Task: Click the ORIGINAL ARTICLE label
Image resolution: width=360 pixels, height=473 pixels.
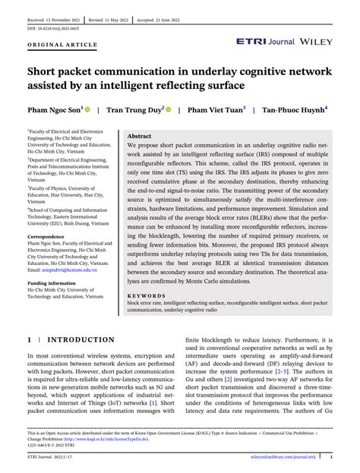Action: (53, 46)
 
